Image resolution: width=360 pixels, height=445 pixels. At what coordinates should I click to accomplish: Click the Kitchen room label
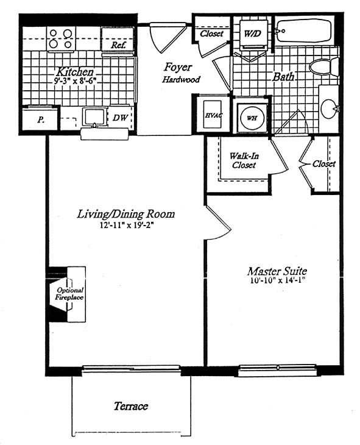tap(75, 71)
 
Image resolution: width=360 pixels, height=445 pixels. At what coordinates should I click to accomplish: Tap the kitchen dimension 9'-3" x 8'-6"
tap(74, 81)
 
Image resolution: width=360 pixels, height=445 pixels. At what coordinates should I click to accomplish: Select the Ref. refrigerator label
tap(118, 45)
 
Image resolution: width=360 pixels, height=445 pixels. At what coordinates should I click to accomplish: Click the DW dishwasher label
tap(120, 118)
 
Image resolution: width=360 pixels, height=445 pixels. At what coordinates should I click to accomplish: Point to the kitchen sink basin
tap(94, 116)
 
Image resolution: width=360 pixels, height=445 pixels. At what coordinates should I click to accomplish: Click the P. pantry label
tap(41, 120)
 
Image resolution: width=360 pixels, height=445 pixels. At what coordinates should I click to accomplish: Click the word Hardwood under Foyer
tap(181, 79)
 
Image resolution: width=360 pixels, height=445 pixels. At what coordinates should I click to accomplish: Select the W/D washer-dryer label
tap(252, 34)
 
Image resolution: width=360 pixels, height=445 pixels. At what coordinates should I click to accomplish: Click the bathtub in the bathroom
tap(303, 30)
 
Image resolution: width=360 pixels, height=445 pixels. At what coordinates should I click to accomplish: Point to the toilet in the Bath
tap(324, 67)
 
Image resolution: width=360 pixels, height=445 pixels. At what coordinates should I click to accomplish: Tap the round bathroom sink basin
tap(330, 109)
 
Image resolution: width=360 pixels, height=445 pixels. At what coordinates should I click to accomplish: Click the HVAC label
tap(214, 116)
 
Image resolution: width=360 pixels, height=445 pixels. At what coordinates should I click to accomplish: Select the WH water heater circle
tap(252, 118)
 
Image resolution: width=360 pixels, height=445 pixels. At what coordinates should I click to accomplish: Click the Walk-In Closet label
tap(244, 160)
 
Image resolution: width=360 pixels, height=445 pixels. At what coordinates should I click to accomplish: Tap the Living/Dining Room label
tap(126, 214)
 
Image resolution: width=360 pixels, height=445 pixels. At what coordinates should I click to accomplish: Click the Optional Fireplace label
tap(69, 294)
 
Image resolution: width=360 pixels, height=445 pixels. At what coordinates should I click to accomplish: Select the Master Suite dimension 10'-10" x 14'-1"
tap(277, 282)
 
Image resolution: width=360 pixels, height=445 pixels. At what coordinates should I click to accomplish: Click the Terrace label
tap(131, 406)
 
